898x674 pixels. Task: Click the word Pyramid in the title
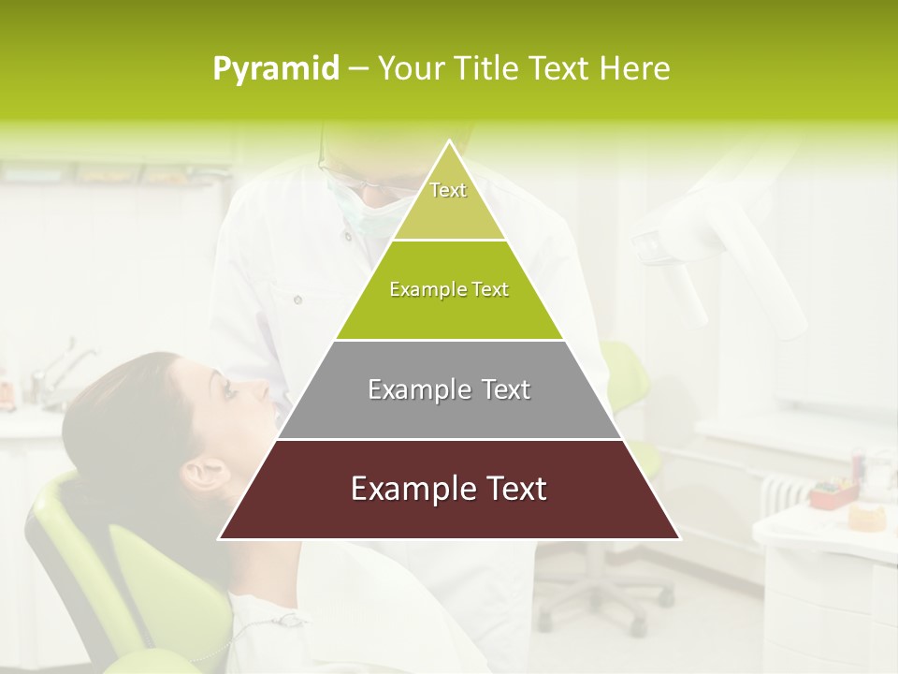275,69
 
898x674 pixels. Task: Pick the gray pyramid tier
449,390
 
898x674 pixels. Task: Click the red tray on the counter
833,493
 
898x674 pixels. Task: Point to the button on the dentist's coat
297,300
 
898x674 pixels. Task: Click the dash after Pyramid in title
357,69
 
